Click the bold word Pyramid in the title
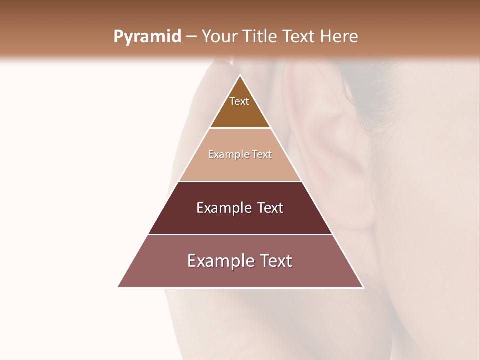point(147,37)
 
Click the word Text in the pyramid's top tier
point(239,101)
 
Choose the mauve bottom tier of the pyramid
point(240,275)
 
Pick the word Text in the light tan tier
point(262,155)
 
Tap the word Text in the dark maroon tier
point(270,208)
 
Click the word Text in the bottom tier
point(275,261)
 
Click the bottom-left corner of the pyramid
point(118,287)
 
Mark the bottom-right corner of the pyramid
point(363,287)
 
